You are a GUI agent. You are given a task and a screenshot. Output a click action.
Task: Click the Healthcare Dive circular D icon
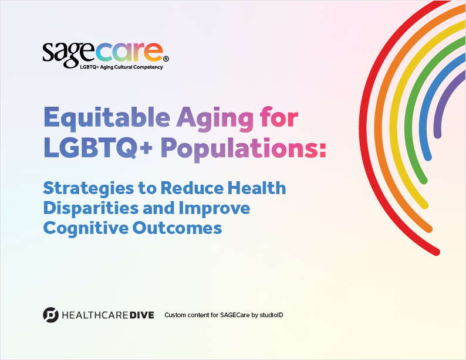point(51,315)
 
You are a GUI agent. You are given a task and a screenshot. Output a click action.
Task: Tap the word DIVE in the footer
point(143,315)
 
